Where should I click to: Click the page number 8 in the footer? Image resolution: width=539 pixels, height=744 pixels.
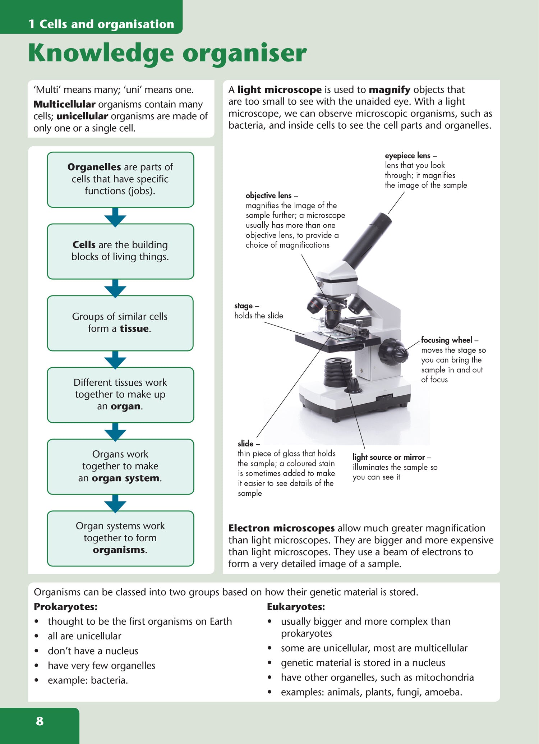click(x=40, y=721)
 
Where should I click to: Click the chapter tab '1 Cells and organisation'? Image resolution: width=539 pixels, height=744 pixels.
click(x=101, y=24)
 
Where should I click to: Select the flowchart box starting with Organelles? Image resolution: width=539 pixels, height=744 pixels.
click(x=120, y=179)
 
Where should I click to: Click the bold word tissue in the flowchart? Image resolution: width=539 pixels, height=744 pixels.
click(x=134, y=329)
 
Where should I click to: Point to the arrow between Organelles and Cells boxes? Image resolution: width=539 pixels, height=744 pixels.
click(x=115, y=217)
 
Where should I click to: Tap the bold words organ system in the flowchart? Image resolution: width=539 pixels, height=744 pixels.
click(x=125, y=478)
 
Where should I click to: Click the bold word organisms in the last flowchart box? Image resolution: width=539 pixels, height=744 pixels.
click(x=119, y=550)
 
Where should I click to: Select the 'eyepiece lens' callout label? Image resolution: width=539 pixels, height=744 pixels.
click(x=407, y=156)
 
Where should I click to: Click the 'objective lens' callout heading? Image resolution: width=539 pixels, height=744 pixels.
click(x=268, y=196)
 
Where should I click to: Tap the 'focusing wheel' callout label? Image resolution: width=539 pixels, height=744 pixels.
click(x=446, y=340)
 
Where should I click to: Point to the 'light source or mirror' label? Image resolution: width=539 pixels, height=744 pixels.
click(x=388, y=457)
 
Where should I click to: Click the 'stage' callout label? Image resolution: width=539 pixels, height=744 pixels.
click(x=243, y=306)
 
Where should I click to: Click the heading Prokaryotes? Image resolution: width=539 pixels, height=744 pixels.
click(x=65, y=607)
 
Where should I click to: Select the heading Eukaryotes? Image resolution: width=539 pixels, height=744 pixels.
click(x=296, y=607)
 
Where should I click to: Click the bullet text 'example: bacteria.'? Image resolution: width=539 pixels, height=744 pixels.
click(x=88, y=680)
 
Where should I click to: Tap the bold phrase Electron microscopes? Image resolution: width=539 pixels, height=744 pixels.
click(x=281, y=528)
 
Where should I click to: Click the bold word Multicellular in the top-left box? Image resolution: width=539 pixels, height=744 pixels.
click(x=64, y=104)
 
